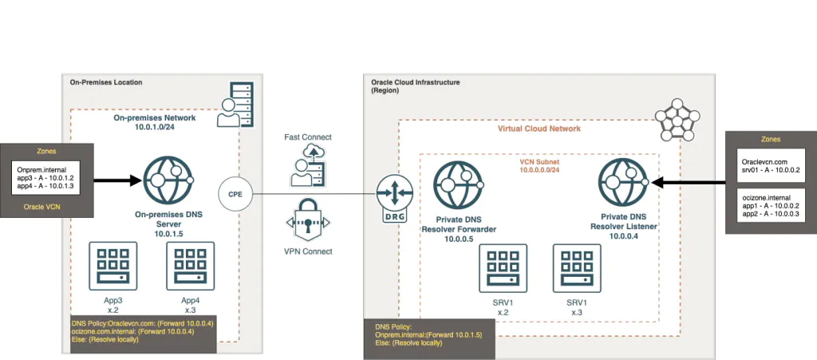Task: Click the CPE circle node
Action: [x=235, y=193]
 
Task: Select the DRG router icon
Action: [x=391, y=195]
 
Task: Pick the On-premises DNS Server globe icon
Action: [x=165, y=180]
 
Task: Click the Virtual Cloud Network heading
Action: [x=539, y=129]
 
